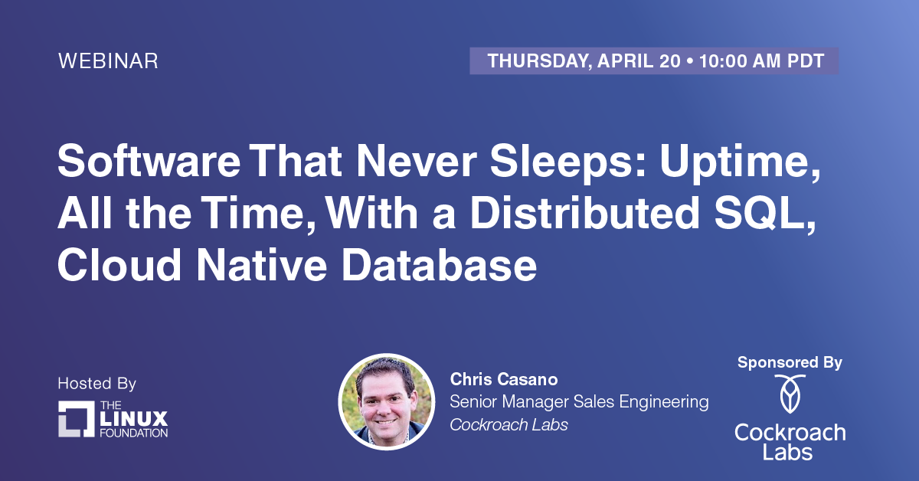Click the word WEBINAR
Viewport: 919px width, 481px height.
coord(108,61)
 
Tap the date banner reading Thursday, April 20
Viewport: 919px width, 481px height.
coord(654,61)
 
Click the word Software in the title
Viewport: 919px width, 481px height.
coord(149,161)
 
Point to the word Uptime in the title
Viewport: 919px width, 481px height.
coord(740,163)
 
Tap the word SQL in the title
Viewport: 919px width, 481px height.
coord(765,214)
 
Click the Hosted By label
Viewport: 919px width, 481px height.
coord(96,383)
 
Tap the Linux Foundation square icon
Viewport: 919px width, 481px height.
coord(77,419)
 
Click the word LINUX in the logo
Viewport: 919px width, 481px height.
coord(134,419)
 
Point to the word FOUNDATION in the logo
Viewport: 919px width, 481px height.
coord(134,433)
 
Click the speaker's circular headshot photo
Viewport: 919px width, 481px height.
coord(386,402)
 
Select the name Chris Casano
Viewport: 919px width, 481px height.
coord(504,379)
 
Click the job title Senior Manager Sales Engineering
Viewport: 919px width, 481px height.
coord(579,402)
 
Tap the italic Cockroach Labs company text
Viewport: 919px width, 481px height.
coord(509,425)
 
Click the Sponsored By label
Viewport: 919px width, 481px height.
coord(790,362)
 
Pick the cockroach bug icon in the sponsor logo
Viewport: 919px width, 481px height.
coord(790,394)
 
